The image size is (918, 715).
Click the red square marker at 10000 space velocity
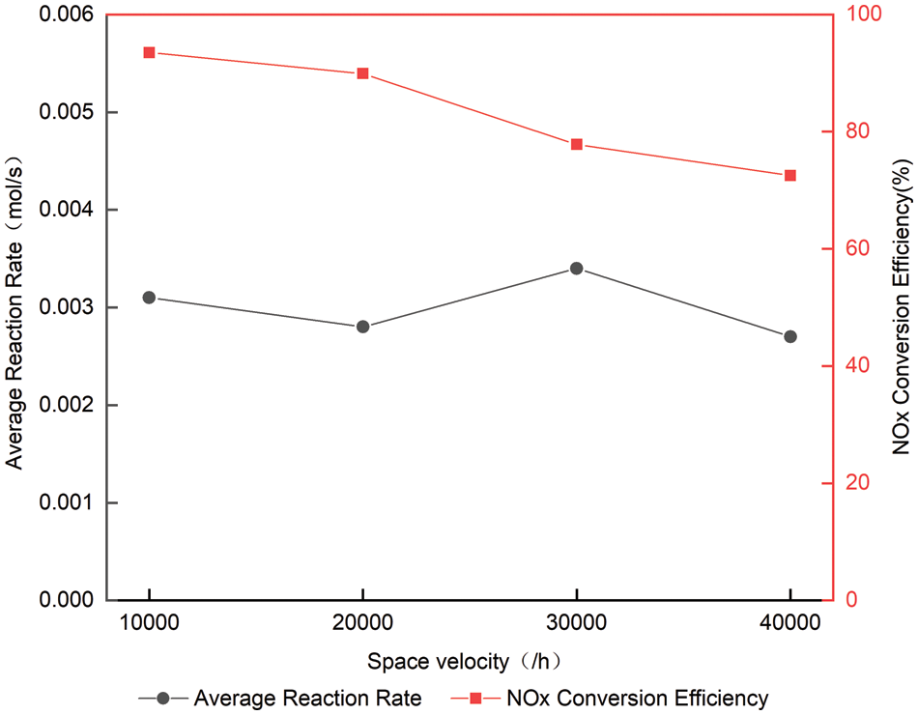149,52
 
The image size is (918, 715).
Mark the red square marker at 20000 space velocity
362,73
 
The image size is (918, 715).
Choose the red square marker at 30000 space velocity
576,144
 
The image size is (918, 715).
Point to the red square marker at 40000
790,175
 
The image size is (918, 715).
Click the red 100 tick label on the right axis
856,14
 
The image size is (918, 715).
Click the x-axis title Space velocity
464,662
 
